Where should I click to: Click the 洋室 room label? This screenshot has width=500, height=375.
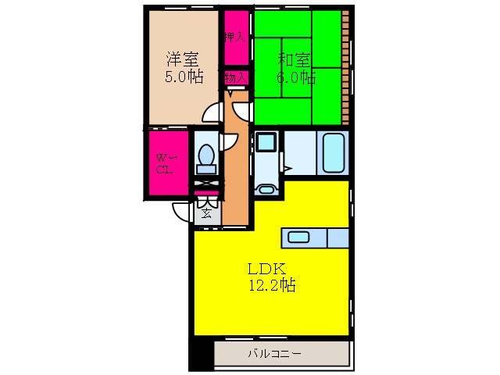[x=182, y=59]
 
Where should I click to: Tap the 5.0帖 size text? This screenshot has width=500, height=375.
[x=184, y=77]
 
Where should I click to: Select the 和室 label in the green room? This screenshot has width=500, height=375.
[x=294, y=59]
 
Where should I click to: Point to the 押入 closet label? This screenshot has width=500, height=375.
[x=235, y=37]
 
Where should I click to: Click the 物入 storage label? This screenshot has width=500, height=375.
[x=236, y=77]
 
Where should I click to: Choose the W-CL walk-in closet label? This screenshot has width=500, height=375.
[x=165, y=163]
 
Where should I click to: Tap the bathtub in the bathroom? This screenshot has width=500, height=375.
[x=334, y=153]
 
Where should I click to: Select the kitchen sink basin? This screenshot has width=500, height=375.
[x=298, y=237]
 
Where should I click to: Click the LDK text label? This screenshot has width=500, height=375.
[x=266, y=269]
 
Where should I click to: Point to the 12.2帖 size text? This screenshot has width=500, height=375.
[x=272, y=285]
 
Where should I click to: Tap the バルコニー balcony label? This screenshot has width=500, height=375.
[x=274, y=354]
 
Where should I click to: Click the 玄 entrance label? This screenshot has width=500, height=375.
[x=206, y=213]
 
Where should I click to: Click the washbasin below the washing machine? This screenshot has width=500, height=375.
[x=266, y=189]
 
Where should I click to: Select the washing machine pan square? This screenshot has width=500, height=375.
[x=266, y=142]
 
